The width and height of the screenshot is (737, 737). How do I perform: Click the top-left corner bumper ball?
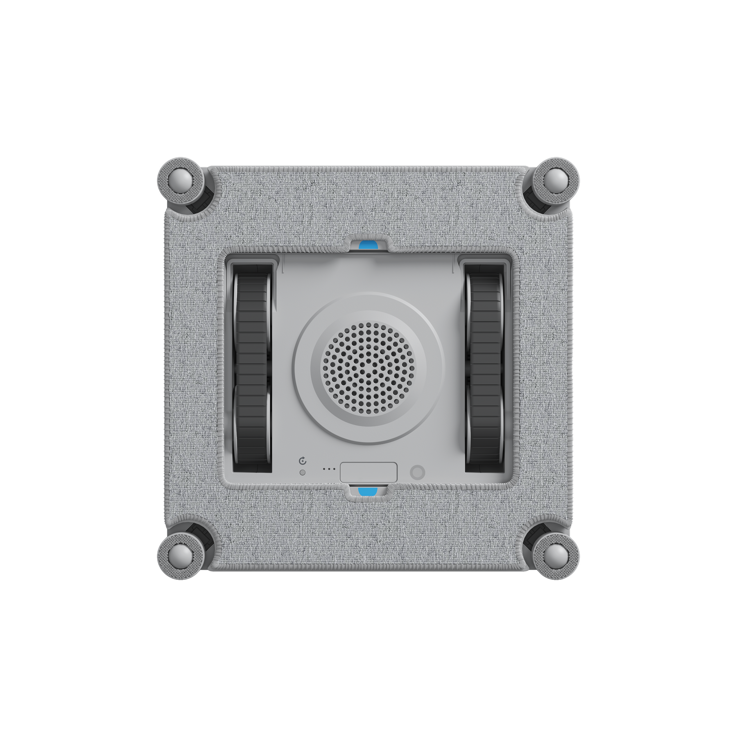coord(181,180)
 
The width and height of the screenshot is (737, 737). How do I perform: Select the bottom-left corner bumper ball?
coord(181,556)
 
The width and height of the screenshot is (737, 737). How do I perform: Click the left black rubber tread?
coord(251,368)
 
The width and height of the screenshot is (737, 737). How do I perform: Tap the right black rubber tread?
coord(486,368)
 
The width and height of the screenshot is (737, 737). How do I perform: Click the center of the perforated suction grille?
coord(368,368)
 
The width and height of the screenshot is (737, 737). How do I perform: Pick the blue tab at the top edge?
coord(368,245)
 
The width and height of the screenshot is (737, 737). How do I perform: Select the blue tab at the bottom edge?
coord(368,492)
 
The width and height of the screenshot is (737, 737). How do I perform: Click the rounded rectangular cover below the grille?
coord(368,472)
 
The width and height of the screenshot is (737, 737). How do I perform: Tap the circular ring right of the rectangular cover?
coord(417,472)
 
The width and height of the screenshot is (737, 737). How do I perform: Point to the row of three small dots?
coord(329,469)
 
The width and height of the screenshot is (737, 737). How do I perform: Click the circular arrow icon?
coord(303,461)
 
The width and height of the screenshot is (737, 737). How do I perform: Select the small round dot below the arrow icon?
coord(303,472)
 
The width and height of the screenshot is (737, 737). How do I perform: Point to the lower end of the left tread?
coord(251,459)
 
